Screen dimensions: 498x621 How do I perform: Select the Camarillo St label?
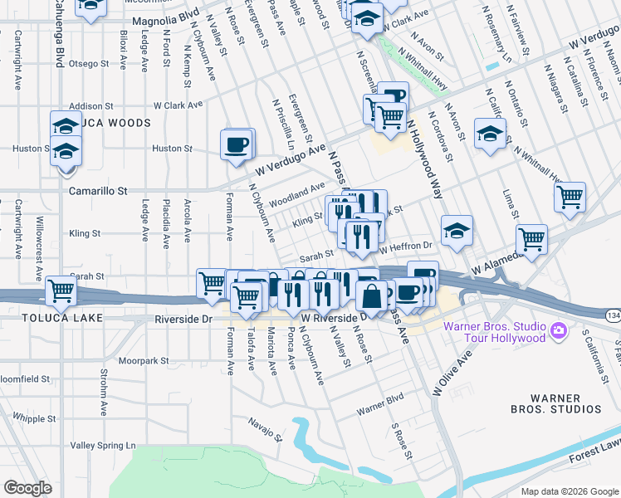pos(97,191)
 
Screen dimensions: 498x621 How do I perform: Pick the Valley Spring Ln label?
pos(103,446)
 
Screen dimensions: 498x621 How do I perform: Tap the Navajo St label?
pos(266,427)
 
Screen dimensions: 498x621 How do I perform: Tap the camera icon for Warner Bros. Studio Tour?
pos(559,331)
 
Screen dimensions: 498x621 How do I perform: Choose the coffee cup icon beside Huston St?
pos(236,144)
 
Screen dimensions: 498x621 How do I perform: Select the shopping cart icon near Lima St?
pos(570,198)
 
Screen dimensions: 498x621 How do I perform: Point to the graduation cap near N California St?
pos(490,133)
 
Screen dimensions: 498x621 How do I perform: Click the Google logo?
pos(27,488)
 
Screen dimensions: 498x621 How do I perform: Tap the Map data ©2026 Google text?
pos(569,491)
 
